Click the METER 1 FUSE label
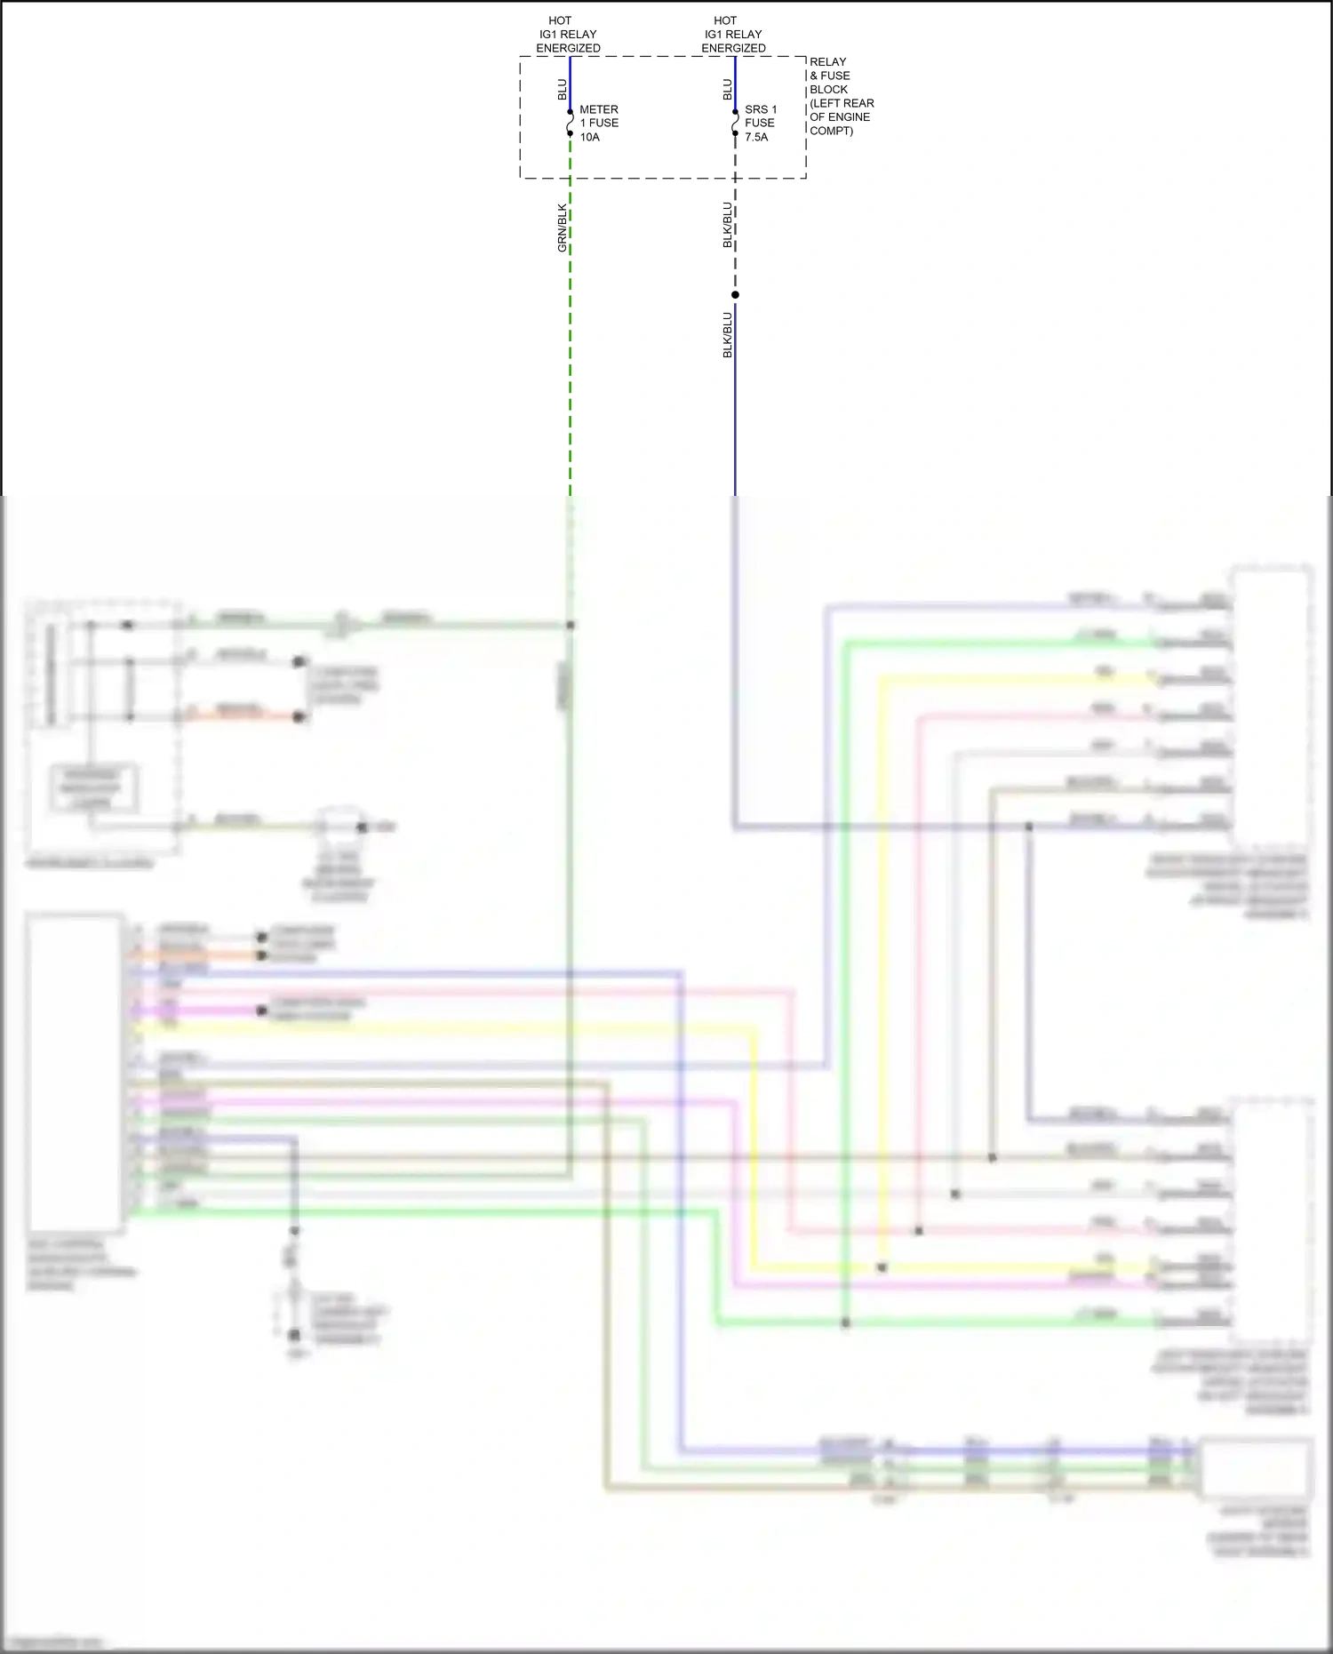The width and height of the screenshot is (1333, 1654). (x=599, y=116)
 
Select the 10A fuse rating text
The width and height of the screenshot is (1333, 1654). (x=590, y=138)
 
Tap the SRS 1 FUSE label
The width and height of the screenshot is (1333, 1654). (x=760, y=116)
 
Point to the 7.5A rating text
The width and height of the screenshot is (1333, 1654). (x=756, y=138)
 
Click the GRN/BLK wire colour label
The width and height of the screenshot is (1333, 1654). (x=562, y=228)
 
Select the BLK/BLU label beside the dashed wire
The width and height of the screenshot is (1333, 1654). (x=727, y=225)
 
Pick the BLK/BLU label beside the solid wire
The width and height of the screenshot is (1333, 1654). (x=727, y=334)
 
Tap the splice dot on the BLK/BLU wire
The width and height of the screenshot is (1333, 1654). (x=735, y=295)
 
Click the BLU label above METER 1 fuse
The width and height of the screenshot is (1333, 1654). (x=562, y=89)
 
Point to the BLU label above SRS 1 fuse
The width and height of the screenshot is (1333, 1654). (x=727, y=89)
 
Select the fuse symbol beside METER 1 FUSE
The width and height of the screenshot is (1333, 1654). (x=570, y=123)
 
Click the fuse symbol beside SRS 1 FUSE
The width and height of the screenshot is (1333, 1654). (x=735, y=123)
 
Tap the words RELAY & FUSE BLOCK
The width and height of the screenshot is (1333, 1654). (x=829, y=76)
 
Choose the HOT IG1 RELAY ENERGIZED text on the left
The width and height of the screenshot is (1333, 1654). (x=568, y=34)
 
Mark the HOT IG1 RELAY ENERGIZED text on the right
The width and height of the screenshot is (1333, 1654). (x=733, y=34)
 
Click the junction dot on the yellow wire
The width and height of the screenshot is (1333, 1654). (x=882, y=1267)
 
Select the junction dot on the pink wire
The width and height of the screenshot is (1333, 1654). (x=919, y=1231)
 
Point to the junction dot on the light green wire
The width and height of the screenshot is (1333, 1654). (x=845, y=1322)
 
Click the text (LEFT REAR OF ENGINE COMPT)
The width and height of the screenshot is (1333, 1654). (x=841, y=116)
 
